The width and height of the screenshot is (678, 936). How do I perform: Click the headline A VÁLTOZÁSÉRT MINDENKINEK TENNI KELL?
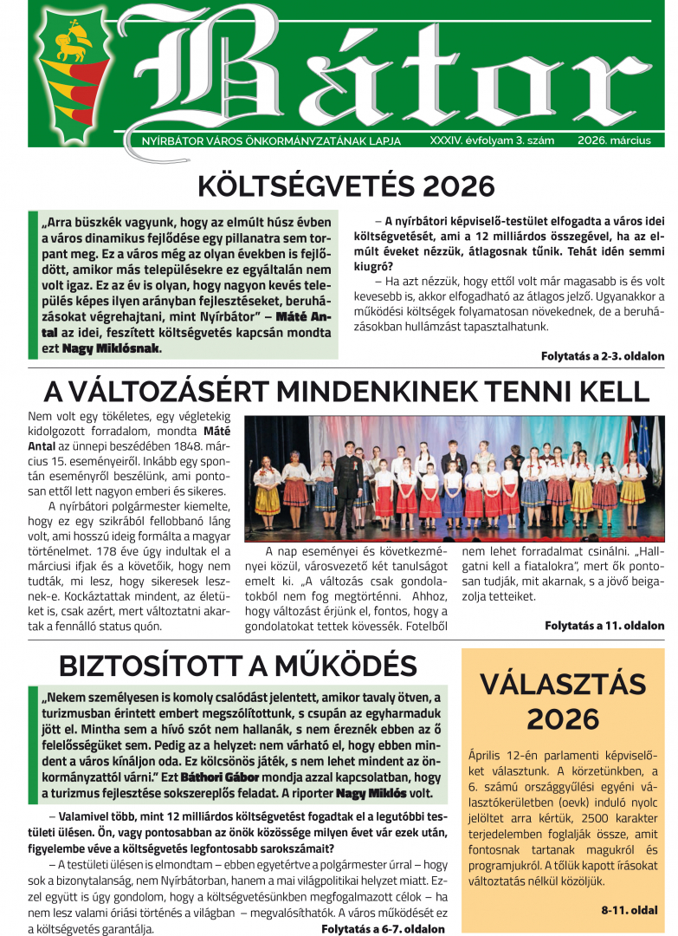point(346,390)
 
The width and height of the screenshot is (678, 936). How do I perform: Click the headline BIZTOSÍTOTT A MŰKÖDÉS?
point(237,665)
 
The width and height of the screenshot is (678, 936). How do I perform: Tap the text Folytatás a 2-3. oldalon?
point(603,356)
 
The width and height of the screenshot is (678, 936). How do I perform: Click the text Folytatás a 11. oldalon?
point(604,625)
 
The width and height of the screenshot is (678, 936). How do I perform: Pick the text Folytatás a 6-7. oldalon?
point(383,928)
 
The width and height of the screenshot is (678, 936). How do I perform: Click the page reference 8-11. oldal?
point(630,910)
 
